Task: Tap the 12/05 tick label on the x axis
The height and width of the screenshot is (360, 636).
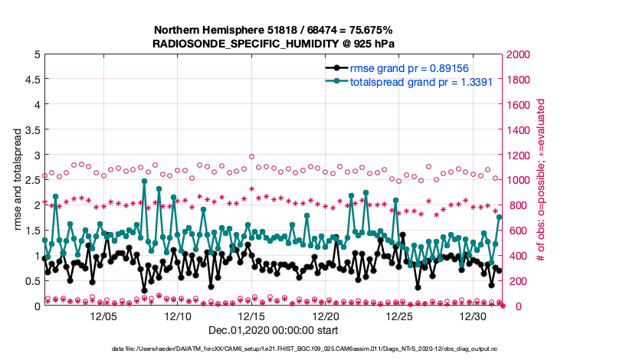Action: point(103,316)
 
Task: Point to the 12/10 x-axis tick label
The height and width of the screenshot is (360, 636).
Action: point(178,316)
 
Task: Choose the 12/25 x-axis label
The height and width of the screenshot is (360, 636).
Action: point(400,316)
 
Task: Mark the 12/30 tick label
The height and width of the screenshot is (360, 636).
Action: point(474,316)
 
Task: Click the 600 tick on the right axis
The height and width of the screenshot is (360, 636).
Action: point(516,231)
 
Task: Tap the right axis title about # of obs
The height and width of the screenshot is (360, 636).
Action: point(541,181)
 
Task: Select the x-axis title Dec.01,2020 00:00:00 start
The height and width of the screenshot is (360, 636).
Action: point(274,331)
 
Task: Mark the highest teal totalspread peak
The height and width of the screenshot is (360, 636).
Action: point(144,182)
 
